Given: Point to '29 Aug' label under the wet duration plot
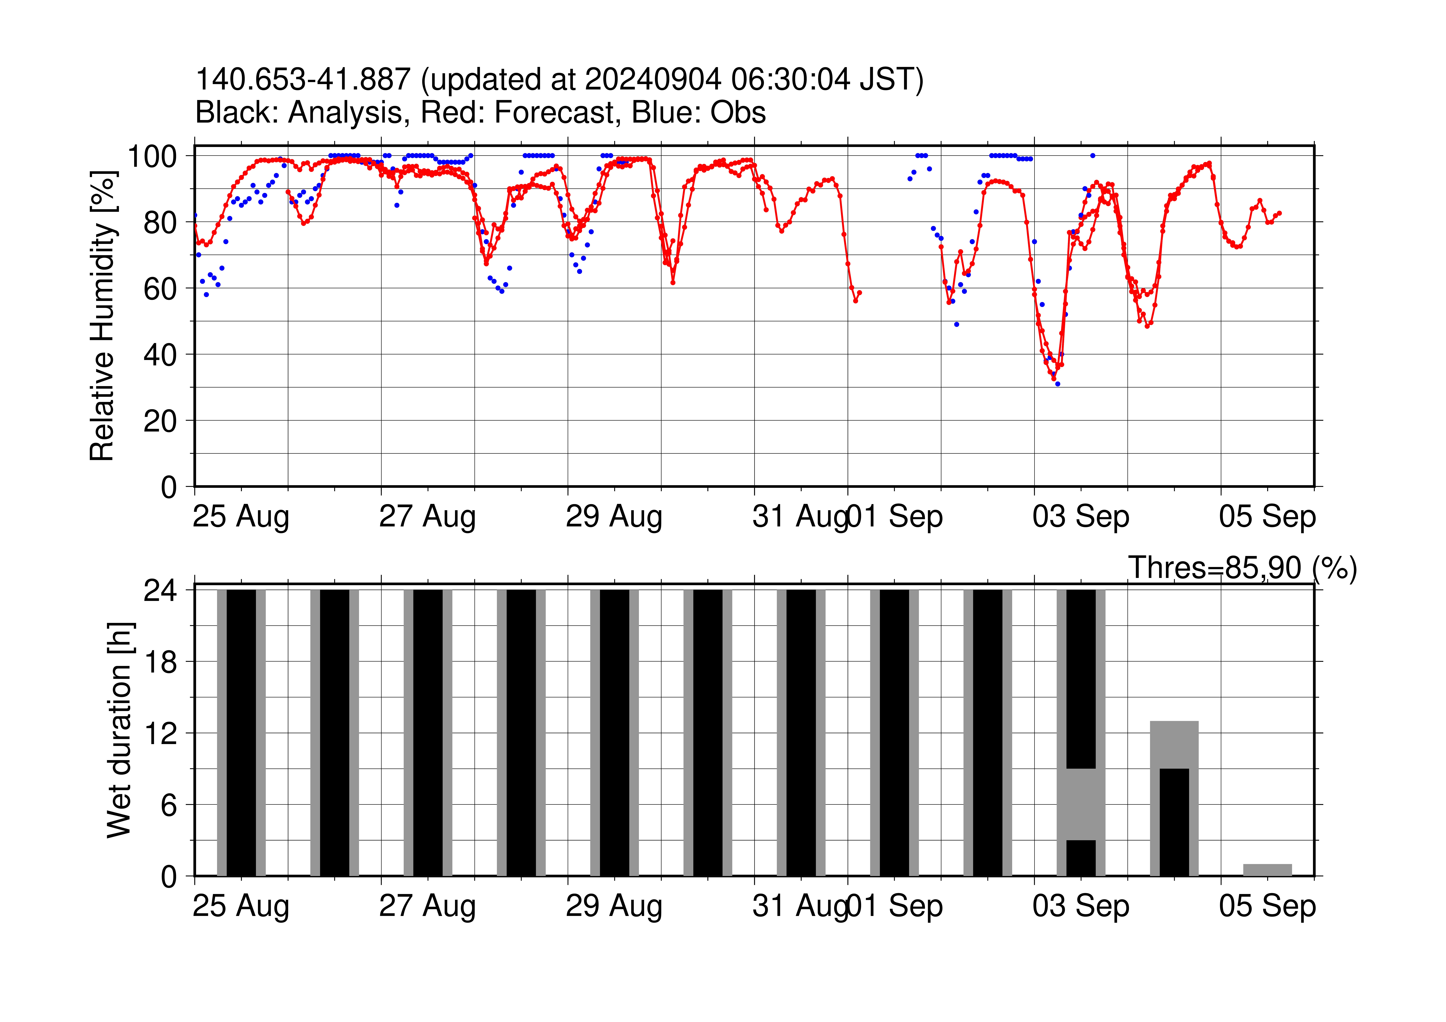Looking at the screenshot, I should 614,907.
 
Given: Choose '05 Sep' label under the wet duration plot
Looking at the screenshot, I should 1267,907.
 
